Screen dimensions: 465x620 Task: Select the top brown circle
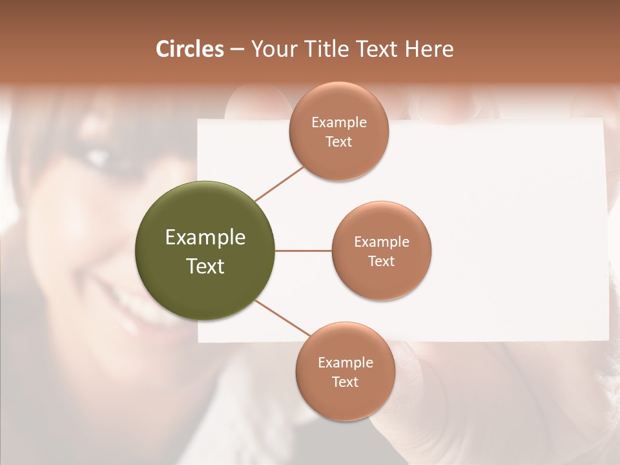tap(338, 132)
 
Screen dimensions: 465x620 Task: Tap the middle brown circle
tap(381, 251)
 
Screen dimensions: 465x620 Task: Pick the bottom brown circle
tap(345, 371)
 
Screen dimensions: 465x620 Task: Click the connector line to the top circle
tap(279, 183)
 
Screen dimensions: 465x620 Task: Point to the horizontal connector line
tap(303, 251)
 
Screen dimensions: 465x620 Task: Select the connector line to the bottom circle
tap(282, 318)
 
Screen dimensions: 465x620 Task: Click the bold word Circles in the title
tap(190, 49)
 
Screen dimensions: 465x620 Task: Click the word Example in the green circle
tap(205, 238)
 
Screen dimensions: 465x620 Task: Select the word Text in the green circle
tap(205, 266)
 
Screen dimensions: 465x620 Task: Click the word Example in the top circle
tap(338, 122)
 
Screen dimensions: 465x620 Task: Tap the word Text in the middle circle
tap(381, 261)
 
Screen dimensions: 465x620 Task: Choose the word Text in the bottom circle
tap(345, 382)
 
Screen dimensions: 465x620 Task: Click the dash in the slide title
tap(237, 50)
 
